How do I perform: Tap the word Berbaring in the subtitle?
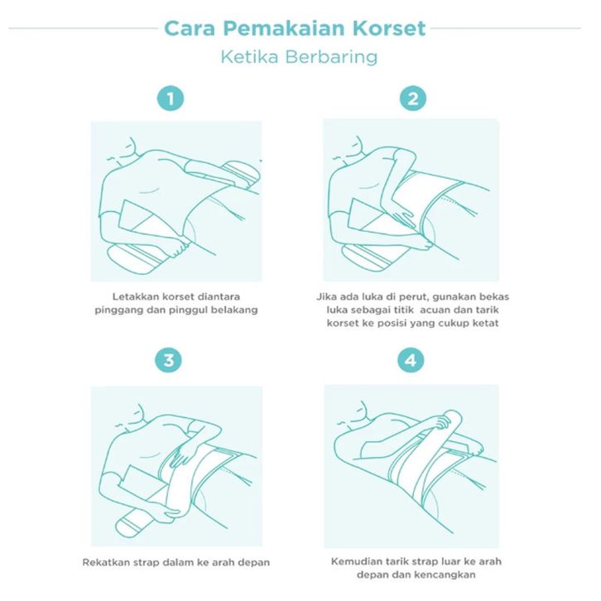(331, 57)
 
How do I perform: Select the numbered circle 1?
(171, 99)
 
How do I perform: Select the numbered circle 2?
(413, 99)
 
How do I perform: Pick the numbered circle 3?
(169, 360)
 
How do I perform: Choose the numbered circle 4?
(411, 360)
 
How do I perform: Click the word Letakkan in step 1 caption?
(135, 296)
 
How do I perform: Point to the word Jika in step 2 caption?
(325, 296)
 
